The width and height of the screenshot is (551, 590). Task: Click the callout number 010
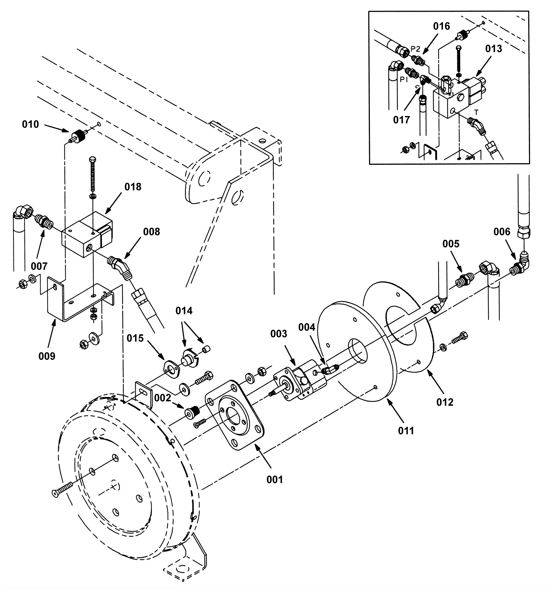click(30, 124)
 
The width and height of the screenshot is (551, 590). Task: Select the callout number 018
click(133, 187)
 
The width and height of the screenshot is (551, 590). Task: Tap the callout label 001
click(274, 480)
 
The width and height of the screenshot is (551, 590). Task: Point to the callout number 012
click(445, 402)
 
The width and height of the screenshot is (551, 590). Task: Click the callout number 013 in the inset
click(494, 49)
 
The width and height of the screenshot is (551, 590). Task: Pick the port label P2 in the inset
click(416, 49)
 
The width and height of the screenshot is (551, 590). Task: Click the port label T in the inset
click(477, 113)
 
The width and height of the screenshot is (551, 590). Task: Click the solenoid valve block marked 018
click(87, 234)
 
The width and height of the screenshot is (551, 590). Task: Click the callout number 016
click(441, 26)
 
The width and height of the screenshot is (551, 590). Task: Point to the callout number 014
click(184, 311)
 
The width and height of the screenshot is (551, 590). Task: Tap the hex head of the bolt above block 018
click(92, 160)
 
